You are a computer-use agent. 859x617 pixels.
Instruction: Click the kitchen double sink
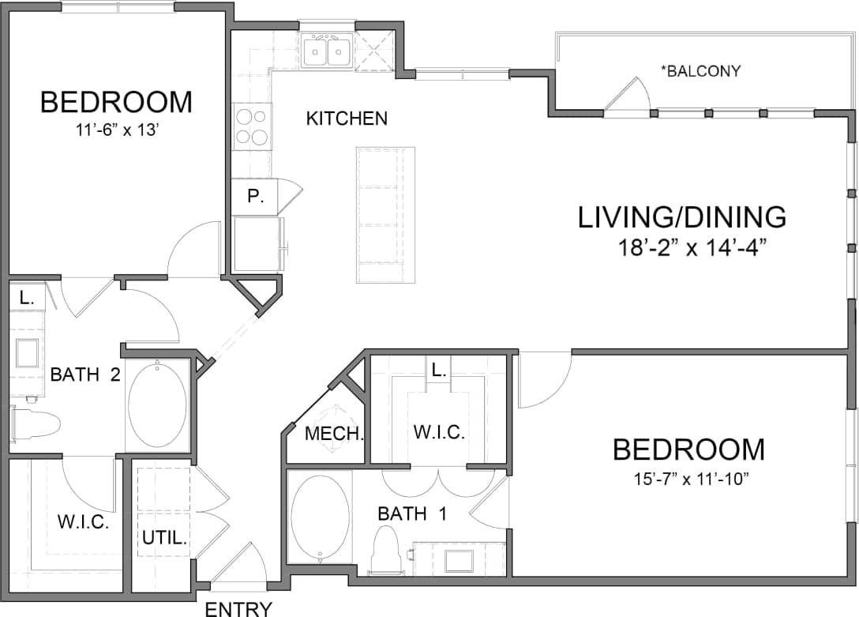point(327,52)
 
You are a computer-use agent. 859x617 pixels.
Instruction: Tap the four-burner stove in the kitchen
point(253,126)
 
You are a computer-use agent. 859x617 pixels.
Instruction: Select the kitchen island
point(385,214)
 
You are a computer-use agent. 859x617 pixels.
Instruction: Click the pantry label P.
point(255,197)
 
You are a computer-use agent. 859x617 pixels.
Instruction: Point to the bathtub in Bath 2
point(158,405)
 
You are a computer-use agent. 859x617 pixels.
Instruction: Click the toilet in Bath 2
point(36,424)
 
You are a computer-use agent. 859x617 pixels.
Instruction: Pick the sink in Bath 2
point(27,352)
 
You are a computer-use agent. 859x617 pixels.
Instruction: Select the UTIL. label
point(164,540)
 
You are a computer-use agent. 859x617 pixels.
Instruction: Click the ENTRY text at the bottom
point(238,608)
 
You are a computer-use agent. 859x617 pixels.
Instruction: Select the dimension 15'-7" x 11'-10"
point(688,480)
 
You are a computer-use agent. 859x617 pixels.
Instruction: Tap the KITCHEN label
point(347,119)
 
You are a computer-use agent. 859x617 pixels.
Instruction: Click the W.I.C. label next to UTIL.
point(83,522)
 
